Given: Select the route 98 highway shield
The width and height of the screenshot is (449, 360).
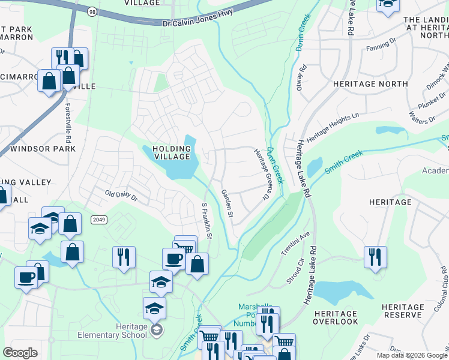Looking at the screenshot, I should pyautogui.click(x=91, y=11).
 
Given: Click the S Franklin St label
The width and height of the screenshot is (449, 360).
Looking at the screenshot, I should pyautogui.click(x=206, y=220).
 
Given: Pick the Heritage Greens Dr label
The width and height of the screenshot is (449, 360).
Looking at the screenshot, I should pyautogui.click(x=259, y=175).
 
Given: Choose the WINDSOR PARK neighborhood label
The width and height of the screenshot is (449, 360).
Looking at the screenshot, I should pyautogui.click(x=43, y=148).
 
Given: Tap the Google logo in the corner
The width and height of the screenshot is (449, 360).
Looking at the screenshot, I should pyautogui.click(x=20, y=353).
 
